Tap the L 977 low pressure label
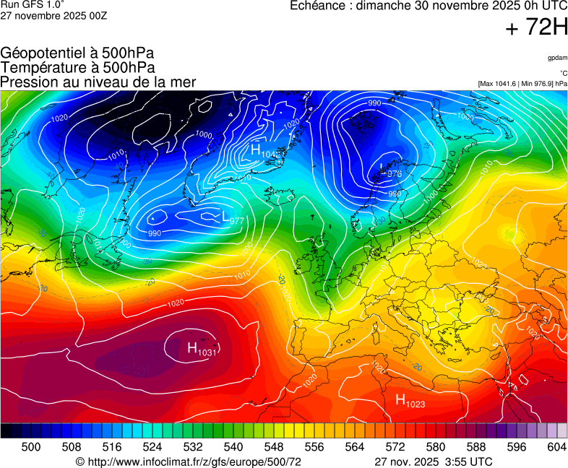(x=232, y=218)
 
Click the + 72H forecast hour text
(x=537, y=28)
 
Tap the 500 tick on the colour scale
(x=30, y=448)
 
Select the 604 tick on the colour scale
(x=556, y=448)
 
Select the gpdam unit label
(x=557, y=58)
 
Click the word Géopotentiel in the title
(x=41, y=53)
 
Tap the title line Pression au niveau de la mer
(x=98, y=82)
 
